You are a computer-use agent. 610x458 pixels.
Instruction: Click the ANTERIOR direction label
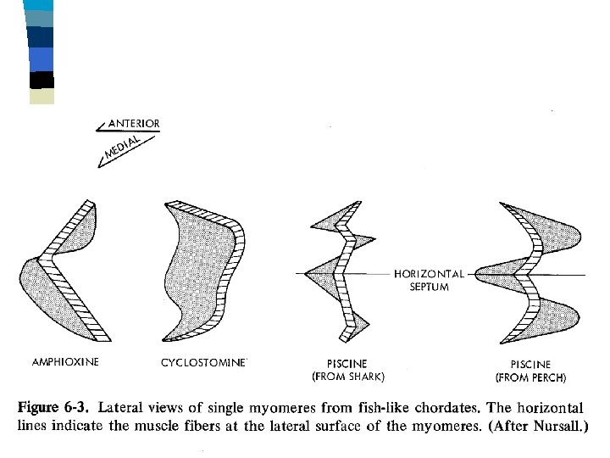click(x=134, y=124)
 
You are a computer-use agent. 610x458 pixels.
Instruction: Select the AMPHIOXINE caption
click(x=65, y=362)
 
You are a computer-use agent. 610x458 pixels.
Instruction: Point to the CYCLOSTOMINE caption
click(x=202, y=363)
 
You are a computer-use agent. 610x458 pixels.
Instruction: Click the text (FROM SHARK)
click(x=349, y=377)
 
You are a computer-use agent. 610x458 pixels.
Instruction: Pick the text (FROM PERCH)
click(x=530, y=377)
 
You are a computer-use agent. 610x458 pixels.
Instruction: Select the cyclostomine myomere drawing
click(x=203, y=263)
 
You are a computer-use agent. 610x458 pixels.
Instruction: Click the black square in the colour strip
click(x=42, y=80)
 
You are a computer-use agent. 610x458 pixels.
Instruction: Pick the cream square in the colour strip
click(x=42, y=96)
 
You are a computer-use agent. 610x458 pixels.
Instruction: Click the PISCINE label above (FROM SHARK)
click(x=349, y=363)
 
